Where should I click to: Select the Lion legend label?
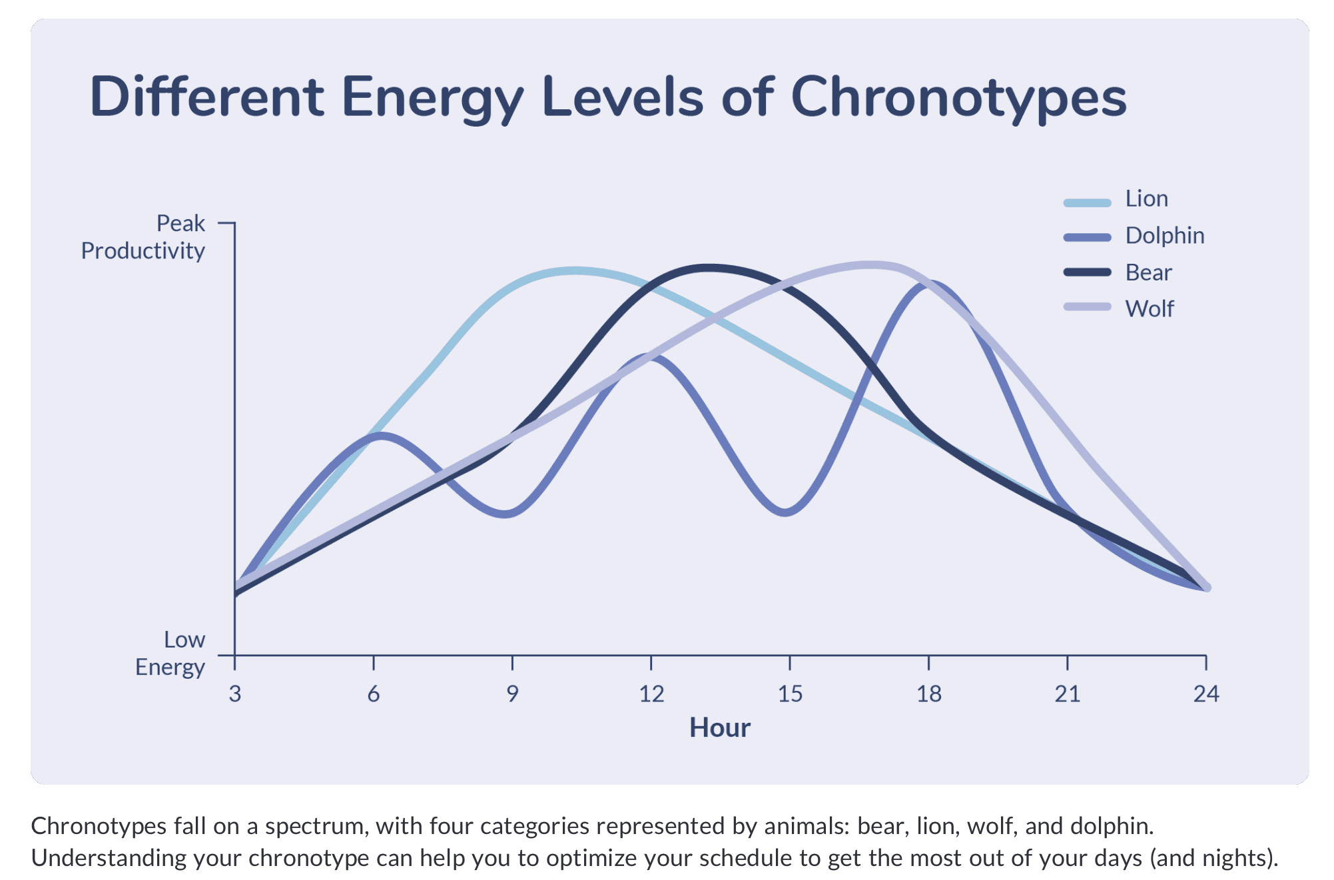(x=1146, y=199)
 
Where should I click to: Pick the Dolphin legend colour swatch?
(x=1087, y=237)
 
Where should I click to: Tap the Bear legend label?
(x=1148, y=272)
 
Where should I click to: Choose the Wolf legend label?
(x=1150, y=309)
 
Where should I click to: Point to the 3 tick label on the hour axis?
(x=234, y=694)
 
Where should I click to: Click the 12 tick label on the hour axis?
(x=651, y=694)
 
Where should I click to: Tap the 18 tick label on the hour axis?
(x=928, y=694)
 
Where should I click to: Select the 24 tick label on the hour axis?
(x=1205, y=694)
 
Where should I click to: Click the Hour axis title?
(x=719, y=727)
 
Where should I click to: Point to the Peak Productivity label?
(x=143, y=237)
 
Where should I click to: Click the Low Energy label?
(x=170, y=653)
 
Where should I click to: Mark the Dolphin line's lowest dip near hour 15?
(x=786, y=512)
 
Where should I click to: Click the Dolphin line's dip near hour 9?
(x=507, y=514)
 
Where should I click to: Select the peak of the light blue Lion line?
(x=574, y=270)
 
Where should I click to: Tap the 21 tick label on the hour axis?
(x=1067, y=694)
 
